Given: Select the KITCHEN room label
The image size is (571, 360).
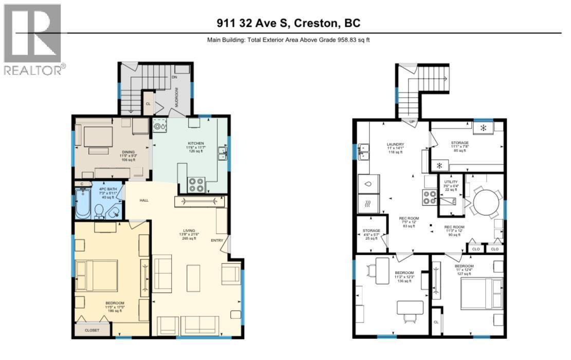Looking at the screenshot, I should (x=196, y=143).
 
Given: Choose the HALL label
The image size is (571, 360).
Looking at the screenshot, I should (x=144, y=200).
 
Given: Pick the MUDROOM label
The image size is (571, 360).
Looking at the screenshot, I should (x=176, y=97).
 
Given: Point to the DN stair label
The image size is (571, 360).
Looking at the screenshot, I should (x=174, y=78).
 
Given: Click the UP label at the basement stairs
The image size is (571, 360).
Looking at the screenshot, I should (x=412, y=122).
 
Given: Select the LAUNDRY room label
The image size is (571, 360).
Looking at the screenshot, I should (x=395, y=144).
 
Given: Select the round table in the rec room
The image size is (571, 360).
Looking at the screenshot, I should (x=486, y=202).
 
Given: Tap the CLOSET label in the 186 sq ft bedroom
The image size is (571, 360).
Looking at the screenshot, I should (x=93, y=331).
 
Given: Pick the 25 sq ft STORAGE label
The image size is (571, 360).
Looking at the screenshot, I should (x=371, y=231).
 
